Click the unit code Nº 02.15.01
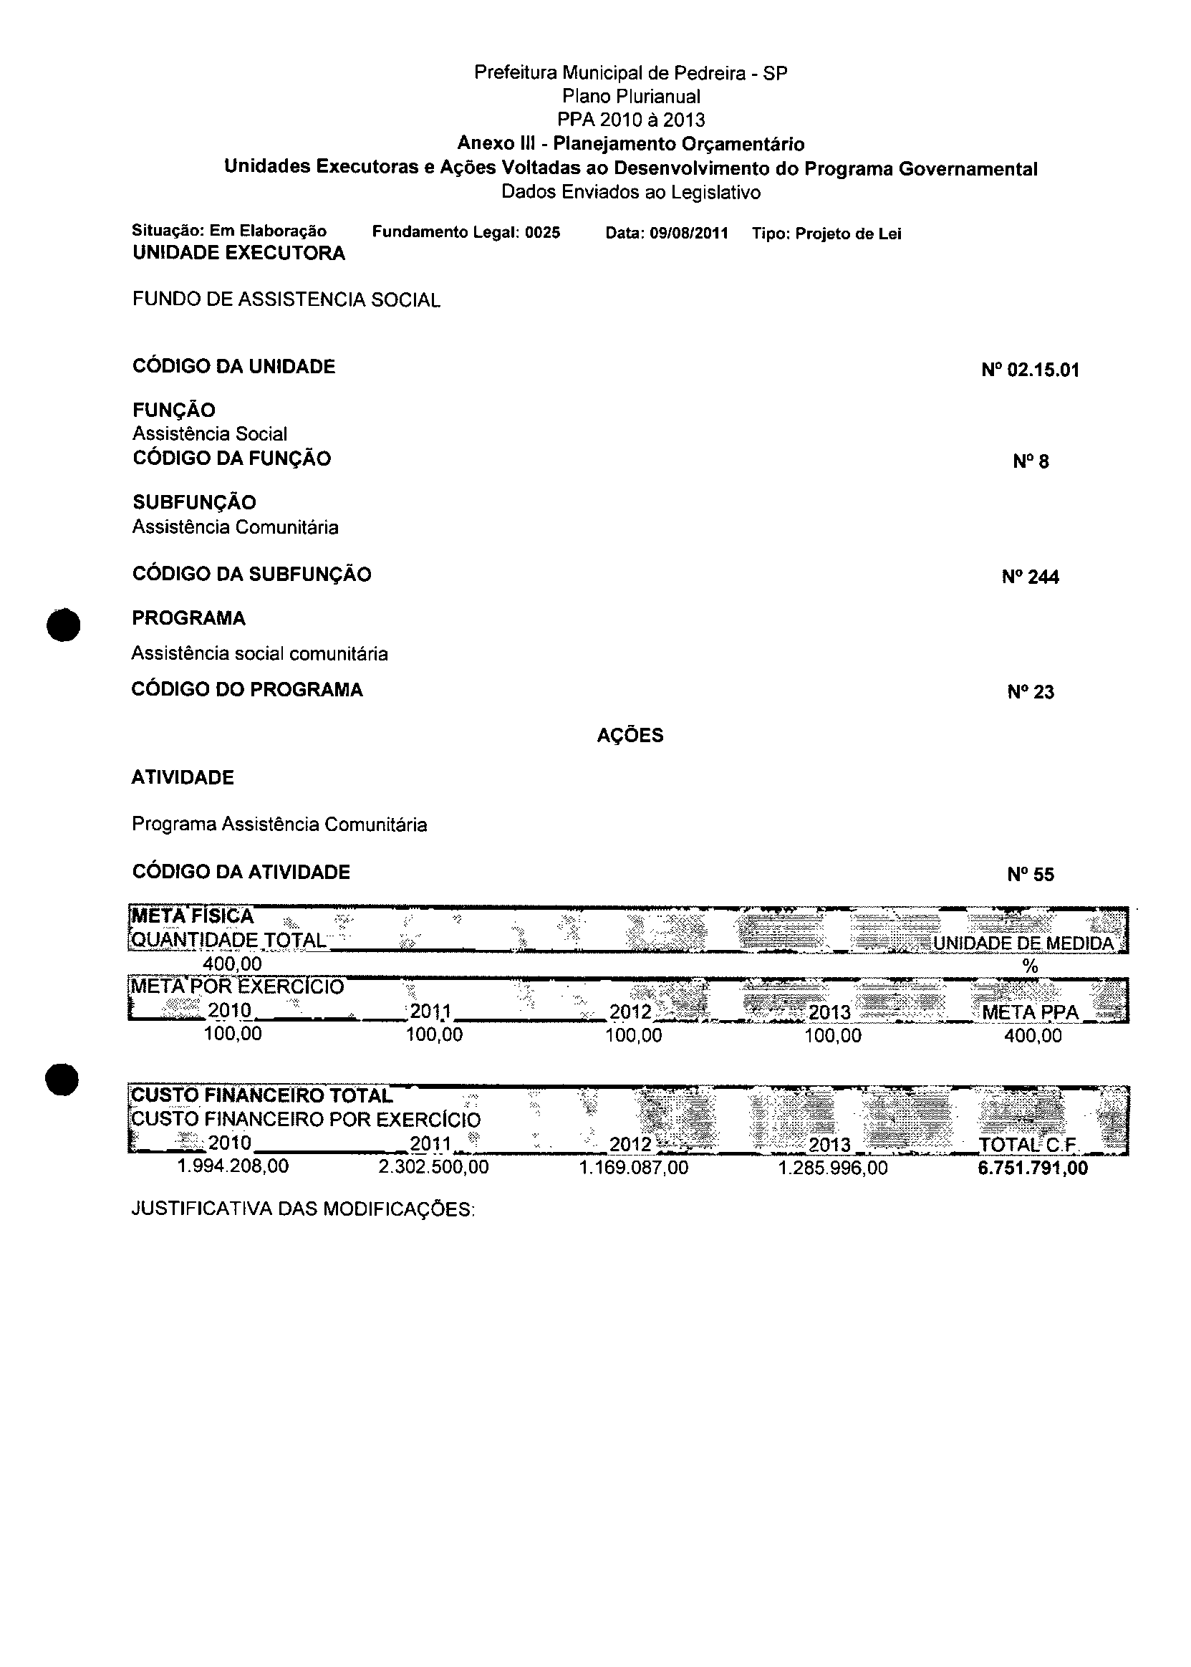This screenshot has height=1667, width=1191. point(1030,370)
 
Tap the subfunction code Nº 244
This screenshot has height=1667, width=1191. point(1030,577)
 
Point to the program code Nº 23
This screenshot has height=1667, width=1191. point(1030,692)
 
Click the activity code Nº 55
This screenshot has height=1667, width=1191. point(1030,874)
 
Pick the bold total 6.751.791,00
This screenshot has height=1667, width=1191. point(1033,1168)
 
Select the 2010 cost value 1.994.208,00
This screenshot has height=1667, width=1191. point(233,1166)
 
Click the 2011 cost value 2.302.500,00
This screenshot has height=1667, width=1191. point(433,1167)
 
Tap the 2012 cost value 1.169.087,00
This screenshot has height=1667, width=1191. point(634,1168)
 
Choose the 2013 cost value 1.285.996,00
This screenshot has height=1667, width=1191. point(832,1168)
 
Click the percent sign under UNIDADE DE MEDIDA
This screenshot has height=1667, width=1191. point(1030,966)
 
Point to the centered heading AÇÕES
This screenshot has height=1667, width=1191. point(630,736)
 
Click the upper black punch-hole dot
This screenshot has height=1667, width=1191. point(62,625)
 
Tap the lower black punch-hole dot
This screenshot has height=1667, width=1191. point(62,1080)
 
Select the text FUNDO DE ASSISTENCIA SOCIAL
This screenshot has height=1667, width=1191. point(286,300)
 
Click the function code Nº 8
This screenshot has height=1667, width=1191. point(1031,461)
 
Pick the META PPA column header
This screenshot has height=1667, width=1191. point(1030,1013)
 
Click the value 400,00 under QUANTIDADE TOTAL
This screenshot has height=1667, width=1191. point(233,964)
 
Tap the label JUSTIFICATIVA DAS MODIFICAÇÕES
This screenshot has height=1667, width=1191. point(303,1209)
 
